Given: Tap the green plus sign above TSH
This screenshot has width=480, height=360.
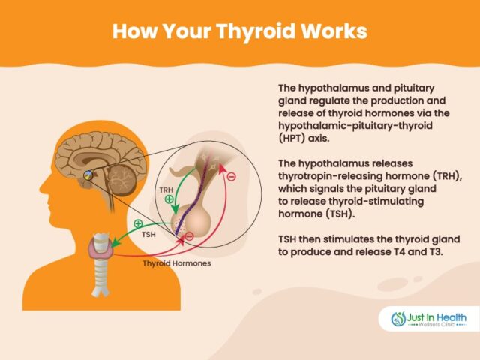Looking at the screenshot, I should pyautogui.click(x=138, y=223).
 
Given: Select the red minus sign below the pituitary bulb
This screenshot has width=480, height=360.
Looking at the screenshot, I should pyautogui.click(x=189, y=237).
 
